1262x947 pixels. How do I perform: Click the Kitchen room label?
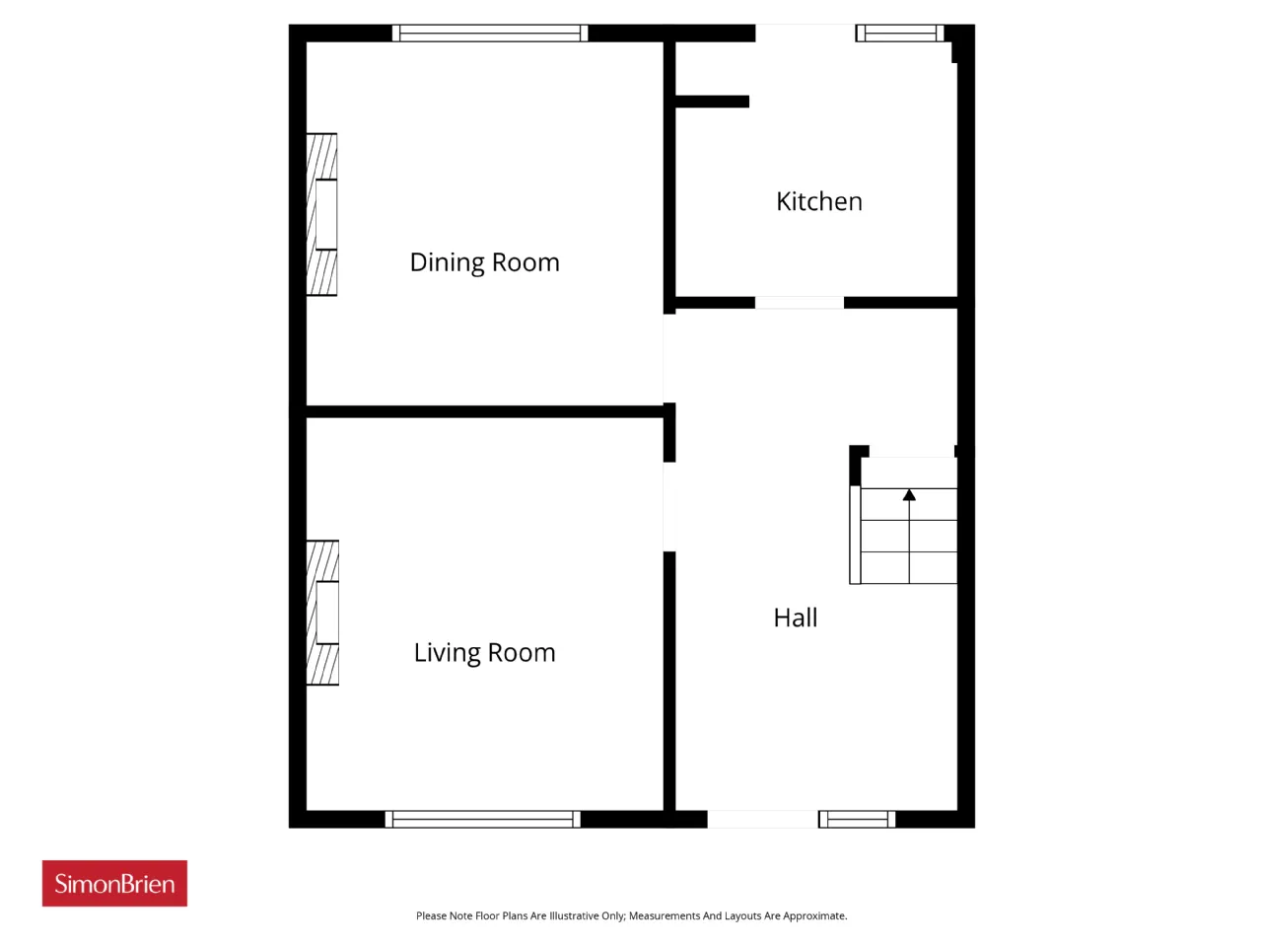pos(818,201)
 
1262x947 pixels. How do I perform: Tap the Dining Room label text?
pos(485,262)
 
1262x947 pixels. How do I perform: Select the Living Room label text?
pos(485,653)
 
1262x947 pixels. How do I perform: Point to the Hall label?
pos(795,618)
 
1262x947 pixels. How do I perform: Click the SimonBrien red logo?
pos(114,883)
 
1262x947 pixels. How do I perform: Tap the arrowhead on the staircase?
pos(909,494)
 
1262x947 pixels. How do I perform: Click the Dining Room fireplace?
pos(321,214)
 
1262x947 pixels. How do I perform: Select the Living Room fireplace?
pos(322,613)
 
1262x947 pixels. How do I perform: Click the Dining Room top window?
pos(490,33)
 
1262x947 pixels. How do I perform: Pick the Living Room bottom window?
pos(482,819)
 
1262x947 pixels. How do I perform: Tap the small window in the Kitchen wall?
pos(900,33)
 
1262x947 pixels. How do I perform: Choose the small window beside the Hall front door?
pos(857,819)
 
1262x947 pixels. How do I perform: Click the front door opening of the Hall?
pos(762,819)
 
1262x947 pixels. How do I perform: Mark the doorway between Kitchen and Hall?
pos(800,303)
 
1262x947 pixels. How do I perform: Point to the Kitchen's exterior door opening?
pos(805,33)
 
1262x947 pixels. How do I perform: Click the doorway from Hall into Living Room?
pos(669,507)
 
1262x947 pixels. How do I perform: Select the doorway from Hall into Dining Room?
pos(669,358)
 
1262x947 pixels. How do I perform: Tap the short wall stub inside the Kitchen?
pos(712,102)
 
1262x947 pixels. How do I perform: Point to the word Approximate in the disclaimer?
pos(814,916)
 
